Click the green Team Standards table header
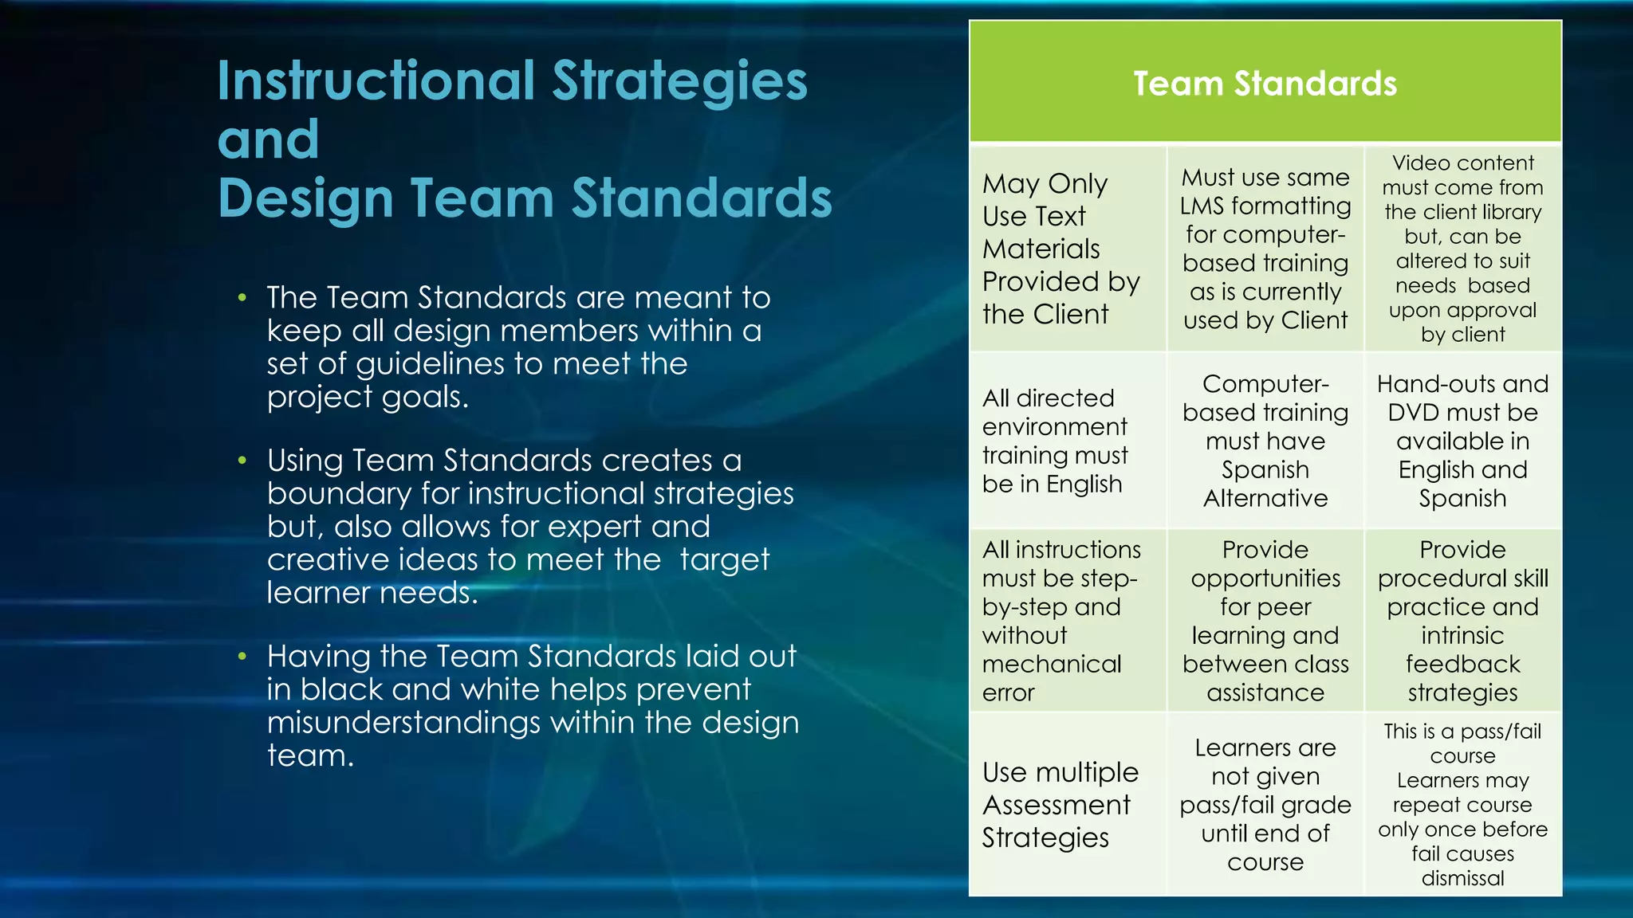[x=1265, y=83]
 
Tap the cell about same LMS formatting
[x=1265, y=249]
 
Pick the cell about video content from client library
[x=1462, y=249]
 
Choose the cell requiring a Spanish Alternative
[x=1265, y=441]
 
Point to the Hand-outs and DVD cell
[x=1462, y=441]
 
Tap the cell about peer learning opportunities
[x=1265, y=620]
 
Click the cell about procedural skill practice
[x=1462, y=620]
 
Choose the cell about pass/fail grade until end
[x=1265, y=805]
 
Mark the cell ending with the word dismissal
[x=1462, y=805]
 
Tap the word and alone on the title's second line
[x=269, y=139]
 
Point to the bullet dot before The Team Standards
[x=242, y=299]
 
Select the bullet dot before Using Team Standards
[x=242, y=461]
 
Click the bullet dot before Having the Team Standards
[x=242, y=657]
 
